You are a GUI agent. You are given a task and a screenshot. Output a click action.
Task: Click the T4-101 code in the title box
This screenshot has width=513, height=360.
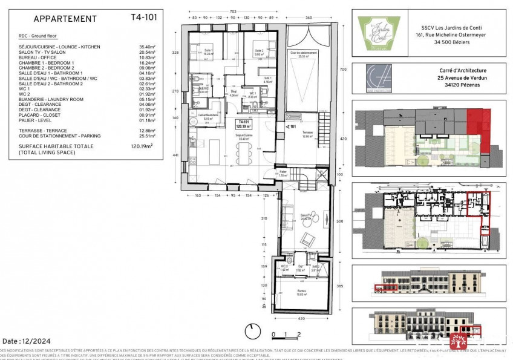click(x=143, y=17)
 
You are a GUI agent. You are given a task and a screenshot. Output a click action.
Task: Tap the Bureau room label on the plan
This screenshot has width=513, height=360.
click(x=300, y=292)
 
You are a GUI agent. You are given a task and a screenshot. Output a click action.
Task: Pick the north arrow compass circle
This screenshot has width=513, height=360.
click(x=252, y=332)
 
